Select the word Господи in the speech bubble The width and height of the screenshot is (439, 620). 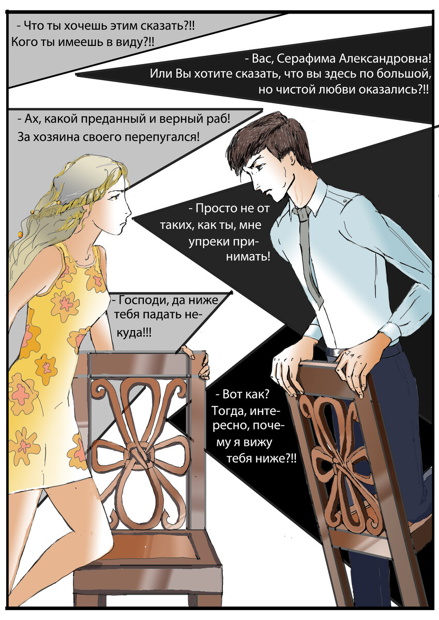click(140, 300)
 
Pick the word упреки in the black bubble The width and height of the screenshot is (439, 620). click(227, 241)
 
